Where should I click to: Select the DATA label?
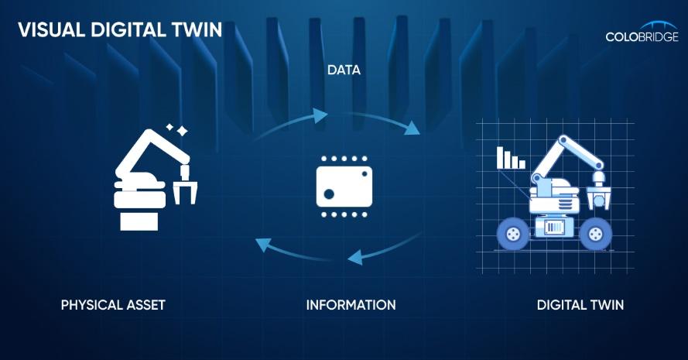(x=344, y=70)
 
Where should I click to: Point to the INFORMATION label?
(x=351, y=304)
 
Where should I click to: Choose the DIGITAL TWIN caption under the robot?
(x=580, y=304)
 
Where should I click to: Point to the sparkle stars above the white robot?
(x=178, y=129)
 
